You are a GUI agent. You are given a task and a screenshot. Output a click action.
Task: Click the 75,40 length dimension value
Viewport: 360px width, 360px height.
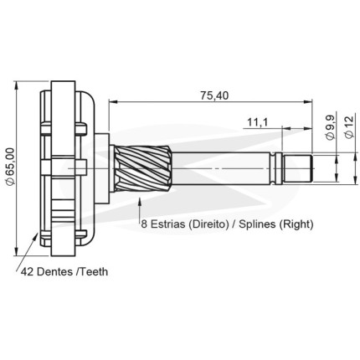[214, 95]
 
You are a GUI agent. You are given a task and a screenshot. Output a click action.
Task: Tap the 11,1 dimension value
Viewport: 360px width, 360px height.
[257, 122]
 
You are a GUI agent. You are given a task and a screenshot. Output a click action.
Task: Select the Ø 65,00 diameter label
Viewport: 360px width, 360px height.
[10, 166]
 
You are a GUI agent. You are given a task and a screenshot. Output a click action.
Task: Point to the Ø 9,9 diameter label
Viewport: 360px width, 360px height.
[330, 128]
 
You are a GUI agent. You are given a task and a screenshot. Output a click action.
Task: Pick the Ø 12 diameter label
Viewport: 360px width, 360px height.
[349, 126]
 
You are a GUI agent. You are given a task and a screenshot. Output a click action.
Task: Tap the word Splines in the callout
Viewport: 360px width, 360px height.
[258, 224]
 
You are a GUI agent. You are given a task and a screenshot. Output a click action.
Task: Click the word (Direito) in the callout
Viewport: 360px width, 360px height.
[207, 224]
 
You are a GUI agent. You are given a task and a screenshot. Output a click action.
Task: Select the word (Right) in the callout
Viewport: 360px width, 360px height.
[296, 224]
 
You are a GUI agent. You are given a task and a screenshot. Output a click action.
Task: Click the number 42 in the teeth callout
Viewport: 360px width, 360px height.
[28, 271]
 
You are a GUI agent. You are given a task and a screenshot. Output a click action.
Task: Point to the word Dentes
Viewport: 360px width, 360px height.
[54, 271]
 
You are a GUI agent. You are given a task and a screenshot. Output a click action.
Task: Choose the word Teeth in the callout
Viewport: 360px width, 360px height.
[94, 271]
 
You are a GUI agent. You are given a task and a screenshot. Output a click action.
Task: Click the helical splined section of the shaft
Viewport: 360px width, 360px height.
[142, 168]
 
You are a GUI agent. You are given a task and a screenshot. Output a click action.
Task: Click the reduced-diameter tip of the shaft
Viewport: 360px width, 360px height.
[296, 168]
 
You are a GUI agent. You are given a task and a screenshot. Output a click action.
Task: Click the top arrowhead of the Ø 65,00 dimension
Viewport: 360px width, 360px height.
[17, 85]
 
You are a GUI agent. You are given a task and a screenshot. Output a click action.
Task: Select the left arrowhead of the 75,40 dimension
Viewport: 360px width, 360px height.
[113, 102]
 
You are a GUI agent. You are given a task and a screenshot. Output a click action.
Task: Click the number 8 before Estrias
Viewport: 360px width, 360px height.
[144, 224]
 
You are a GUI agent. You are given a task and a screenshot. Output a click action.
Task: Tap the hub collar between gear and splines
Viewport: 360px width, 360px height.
[102, 168]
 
